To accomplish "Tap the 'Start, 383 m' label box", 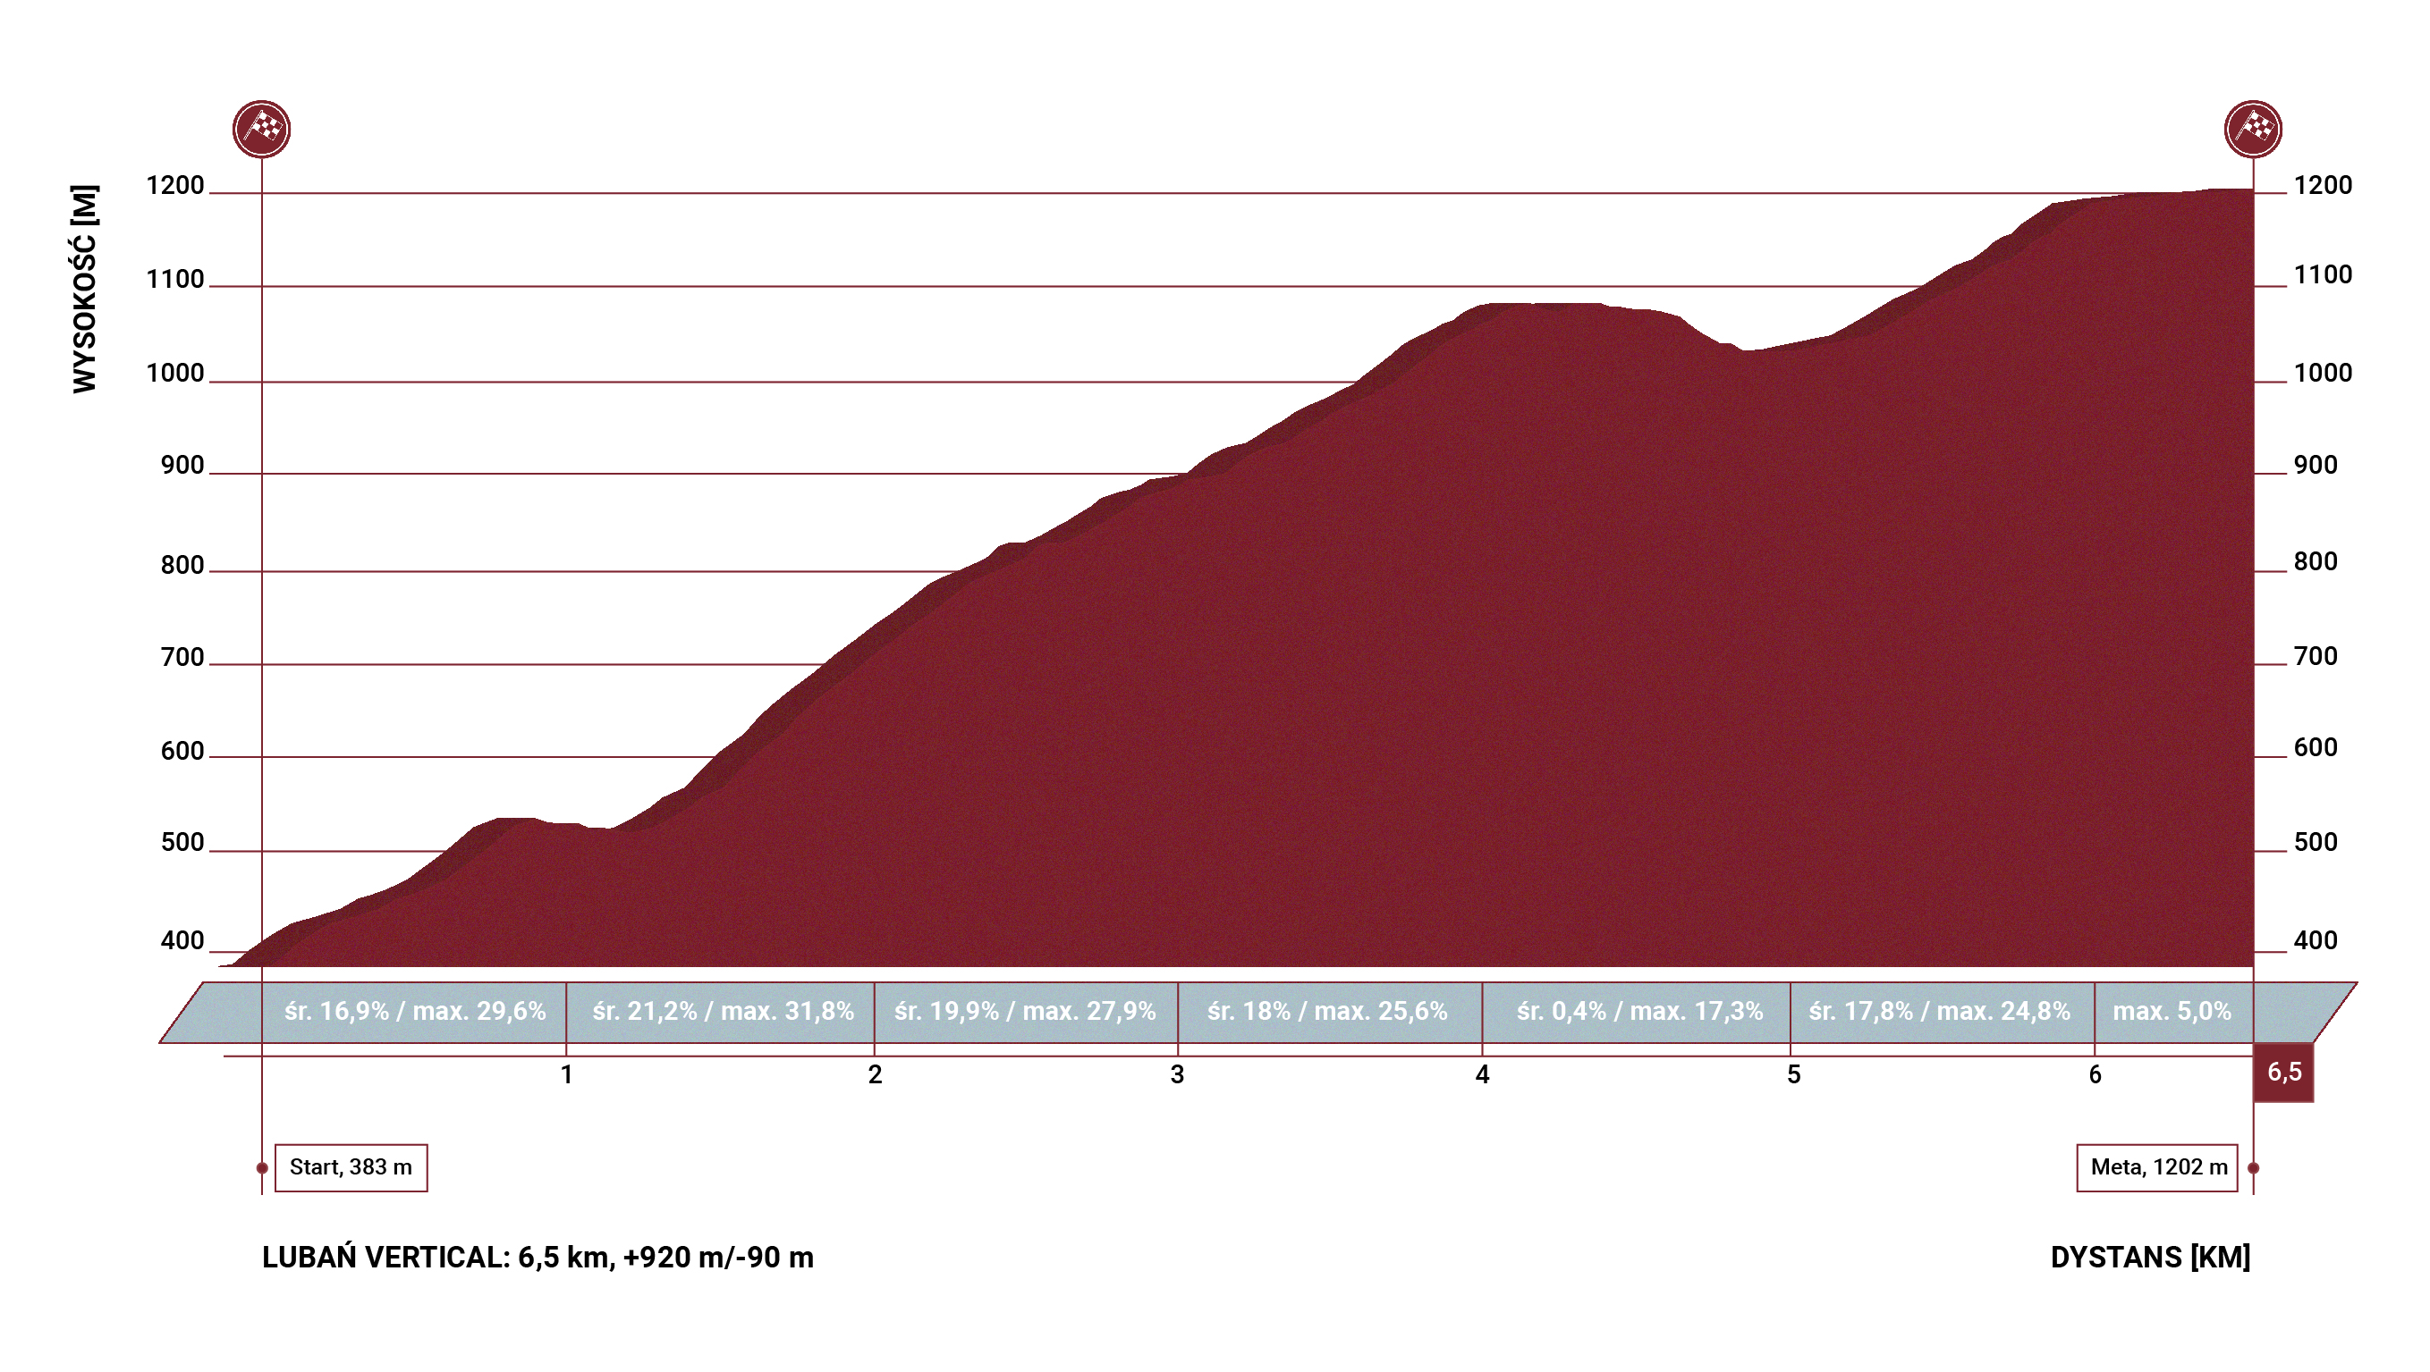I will [350, 1167].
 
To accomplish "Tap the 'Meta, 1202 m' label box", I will [2157, 1167].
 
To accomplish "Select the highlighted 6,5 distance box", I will [2284, 1073].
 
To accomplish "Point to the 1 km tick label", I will [566, 1075].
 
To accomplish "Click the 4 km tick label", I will [1482, 1075].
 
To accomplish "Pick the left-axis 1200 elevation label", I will [175, 186].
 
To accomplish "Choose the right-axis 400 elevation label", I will [2316, 940].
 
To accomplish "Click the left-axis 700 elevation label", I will [182, 657].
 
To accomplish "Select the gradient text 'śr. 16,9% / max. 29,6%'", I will [415, 1012].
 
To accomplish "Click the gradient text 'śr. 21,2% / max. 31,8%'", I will [723, 1012].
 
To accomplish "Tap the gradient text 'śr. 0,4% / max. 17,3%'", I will [1639, 1012].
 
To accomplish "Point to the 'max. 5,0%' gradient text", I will [2172, 1012].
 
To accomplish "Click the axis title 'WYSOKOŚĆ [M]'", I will [85, 289].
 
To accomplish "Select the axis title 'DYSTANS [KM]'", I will [2150, 1257].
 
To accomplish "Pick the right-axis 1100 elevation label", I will [2323, 275].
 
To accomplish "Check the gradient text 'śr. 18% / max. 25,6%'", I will [1327, 1012].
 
